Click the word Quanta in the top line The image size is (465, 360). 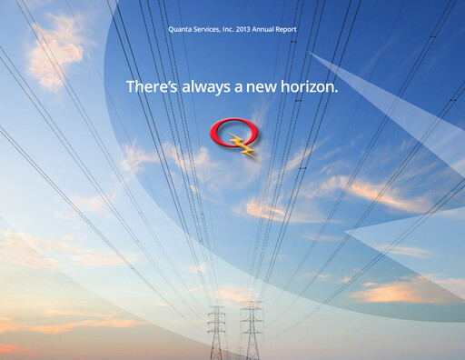[180, 30]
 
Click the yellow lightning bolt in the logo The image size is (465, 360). [243, 143]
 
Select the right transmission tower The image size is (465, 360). [251, 332]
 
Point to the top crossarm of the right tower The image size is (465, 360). [251, 306]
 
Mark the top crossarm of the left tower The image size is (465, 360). [216, 310]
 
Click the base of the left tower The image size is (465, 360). [216, 357]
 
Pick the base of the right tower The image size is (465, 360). [251, 357]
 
